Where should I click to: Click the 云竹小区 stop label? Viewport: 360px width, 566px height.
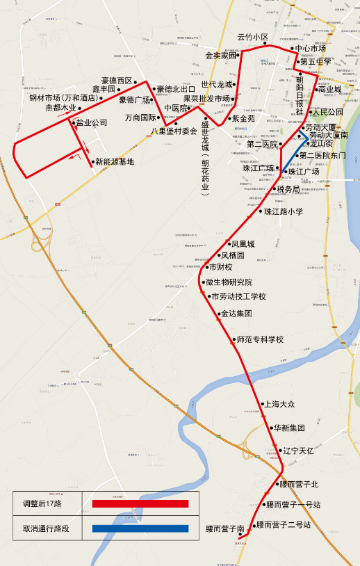(252, 38)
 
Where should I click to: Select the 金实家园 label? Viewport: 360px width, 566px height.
(221, 55)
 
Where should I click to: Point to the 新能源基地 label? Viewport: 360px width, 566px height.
(115, 162)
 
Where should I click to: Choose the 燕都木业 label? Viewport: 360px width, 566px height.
(60, 108)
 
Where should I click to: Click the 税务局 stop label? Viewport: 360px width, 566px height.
(288, 189)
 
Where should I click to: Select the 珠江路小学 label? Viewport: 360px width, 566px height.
(284, 211)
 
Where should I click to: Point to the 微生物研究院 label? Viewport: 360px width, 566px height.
(229, 282)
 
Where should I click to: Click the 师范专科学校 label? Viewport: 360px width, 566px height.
(260, 339)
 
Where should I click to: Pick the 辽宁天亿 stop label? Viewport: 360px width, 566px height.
(299, 451)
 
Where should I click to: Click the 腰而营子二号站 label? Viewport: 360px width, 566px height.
(283, 524)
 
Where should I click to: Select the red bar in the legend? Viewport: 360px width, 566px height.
(140, 503)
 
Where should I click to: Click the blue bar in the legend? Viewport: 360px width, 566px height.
(140, 528)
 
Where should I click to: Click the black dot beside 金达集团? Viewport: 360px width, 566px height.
(216, 314)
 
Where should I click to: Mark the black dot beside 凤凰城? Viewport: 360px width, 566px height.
(228, 244)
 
